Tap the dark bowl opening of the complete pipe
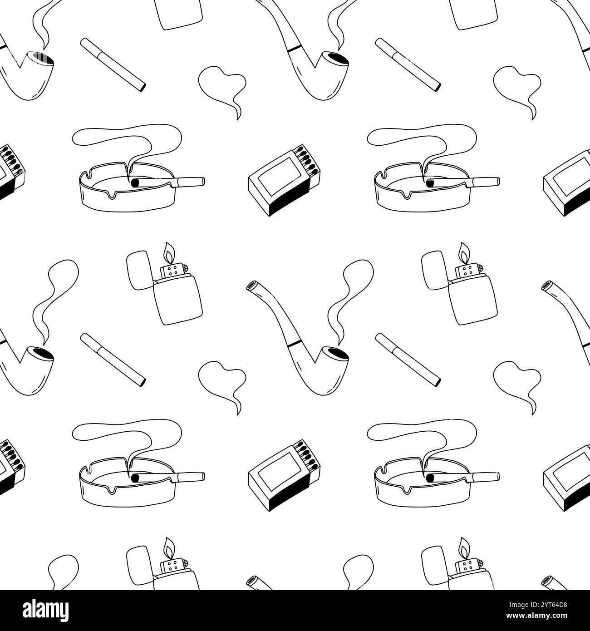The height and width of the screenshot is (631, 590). pyautogui.click(x=336, y=352)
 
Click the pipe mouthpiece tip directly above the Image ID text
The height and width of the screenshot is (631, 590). pyautogui.click(x=546, y=582)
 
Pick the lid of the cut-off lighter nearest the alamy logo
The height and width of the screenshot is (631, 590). pyautogui.click(x=139, y=565)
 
